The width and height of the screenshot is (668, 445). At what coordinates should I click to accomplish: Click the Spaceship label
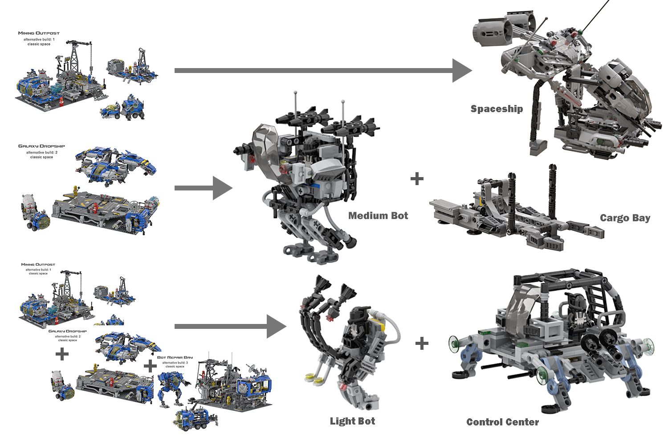point(497,109)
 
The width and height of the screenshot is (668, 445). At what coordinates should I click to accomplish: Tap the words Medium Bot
point(378,216)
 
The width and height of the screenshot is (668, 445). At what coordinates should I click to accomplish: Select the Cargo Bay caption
point(625,218)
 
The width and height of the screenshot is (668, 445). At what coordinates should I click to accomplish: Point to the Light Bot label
point(352,421)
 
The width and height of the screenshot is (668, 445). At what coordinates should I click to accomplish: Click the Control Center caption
point(502,422)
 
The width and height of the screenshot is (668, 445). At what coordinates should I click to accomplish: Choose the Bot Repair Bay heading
point(175,357)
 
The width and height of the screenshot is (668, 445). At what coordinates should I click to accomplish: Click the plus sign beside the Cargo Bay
point(417,179)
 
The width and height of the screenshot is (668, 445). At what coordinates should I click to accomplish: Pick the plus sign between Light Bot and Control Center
point(422,344)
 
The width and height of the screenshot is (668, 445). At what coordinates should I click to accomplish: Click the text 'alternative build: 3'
point(175,363)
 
